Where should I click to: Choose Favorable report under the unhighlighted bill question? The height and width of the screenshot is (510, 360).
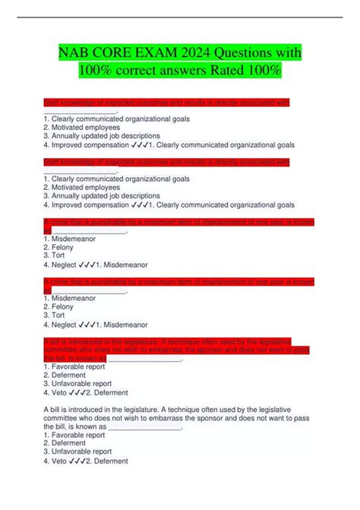76,436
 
